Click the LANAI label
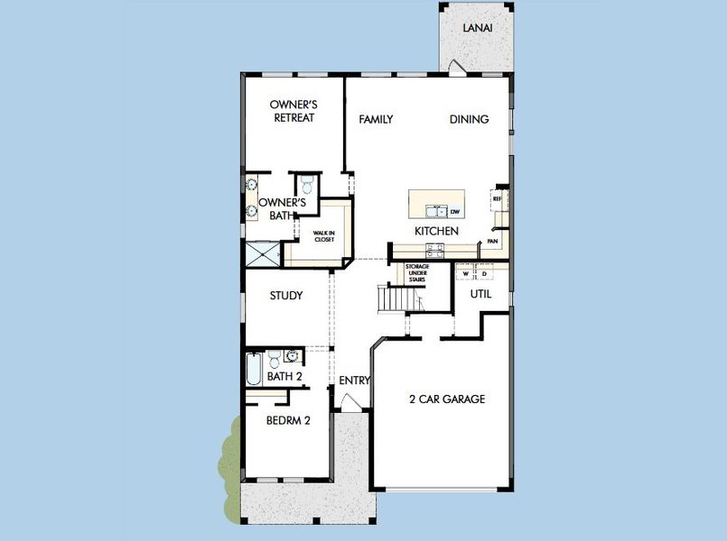coord(477,28)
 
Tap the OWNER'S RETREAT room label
coord(293,111)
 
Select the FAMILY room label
coord(376,119)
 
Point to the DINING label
coord(470,119)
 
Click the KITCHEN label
coord(437,231)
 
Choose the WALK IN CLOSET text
coord(325,235)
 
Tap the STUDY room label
coord(286,296)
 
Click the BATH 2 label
coord(284,376)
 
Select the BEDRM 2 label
coord(289,419)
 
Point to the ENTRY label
coord(355,381)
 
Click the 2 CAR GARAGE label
coord(447,399)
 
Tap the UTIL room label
coord(481,294)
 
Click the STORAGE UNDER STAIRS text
coord(416,273)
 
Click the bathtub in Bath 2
coord(255,370)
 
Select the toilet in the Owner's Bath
coord(306,186)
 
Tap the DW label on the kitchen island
coord(455,212)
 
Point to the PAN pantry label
coord(492,242)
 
